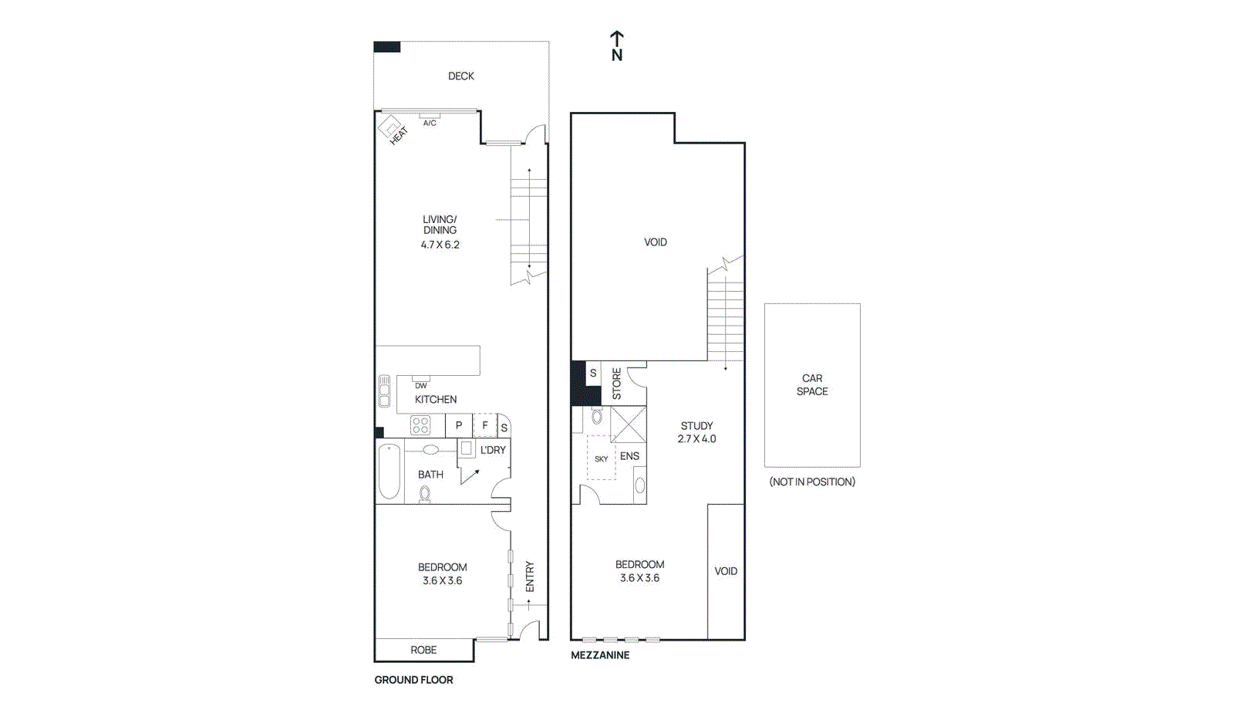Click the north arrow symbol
click(616, 45)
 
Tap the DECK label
click(461, 76)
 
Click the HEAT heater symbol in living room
click(392, 129)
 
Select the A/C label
click(430, 123)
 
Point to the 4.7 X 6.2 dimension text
click(440, 245)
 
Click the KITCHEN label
click(436, 399)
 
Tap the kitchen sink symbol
click(384, 391)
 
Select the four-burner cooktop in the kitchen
click(420, 425)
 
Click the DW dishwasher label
click(420, 385)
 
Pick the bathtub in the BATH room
click(389, 472)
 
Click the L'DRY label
click(493, 450)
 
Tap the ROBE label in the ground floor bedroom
click(423, 650)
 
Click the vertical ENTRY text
click(530, 577)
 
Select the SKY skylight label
click(601, 458)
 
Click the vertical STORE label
click(616, 384)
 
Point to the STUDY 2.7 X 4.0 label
click(696, 432)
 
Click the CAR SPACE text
click(812, 384)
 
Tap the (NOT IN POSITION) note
click(812, 482)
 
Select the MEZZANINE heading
click(600, 654)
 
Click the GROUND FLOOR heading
click(413, 680)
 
